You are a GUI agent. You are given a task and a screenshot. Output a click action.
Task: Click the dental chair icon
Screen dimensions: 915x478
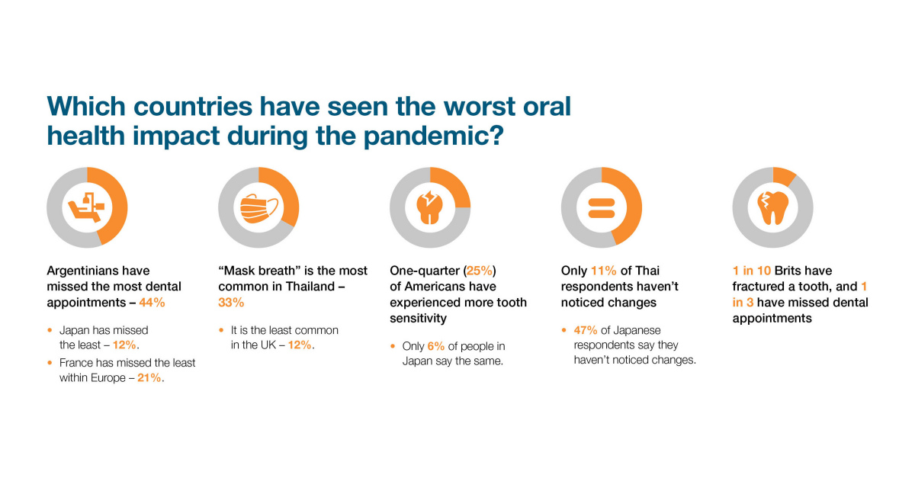click(x=86, y=207)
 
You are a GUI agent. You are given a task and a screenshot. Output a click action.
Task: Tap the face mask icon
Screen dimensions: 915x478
click(x=259, y=208)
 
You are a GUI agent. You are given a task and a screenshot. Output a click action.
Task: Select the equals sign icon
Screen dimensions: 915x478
click(x=602, y=208)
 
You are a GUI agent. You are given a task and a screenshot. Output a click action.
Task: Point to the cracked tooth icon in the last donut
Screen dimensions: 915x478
click(x=773, y=207)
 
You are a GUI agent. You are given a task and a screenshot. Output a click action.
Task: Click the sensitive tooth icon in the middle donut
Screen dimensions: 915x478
click(x=430, y=207)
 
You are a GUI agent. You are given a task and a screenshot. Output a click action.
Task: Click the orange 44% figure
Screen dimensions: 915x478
click(x=152, y=303)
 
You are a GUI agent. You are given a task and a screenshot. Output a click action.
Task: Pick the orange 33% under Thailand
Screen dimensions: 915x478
click(x=231, y=303)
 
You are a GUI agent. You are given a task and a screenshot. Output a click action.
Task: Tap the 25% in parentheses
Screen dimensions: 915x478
click(x=479, y=271)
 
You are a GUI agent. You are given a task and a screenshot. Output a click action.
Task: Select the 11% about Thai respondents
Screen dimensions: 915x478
click(x=603, y=271)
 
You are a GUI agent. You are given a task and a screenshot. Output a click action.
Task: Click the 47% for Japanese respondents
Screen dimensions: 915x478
click(x=586, y=330)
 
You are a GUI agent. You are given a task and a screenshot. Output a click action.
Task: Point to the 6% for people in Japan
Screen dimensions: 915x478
click(x=436, y=346)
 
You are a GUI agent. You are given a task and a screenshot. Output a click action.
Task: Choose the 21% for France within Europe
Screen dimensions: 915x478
click(x=149, y=377)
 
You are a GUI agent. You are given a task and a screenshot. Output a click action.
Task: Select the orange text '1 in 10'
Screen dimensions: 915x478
click(x=752, y=271)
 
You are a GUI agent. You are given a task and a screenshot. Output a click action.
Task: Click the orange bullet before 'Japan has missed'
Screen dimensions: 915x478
click(x=50, y=330)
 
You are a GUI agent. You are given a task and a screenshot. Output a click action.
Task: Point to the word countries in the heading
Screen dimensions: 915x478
click(x=193, y=107)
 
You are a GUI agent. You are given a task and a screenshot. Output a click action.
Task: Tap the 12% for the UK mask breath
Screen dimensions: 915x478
click(x=300, y=345)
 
